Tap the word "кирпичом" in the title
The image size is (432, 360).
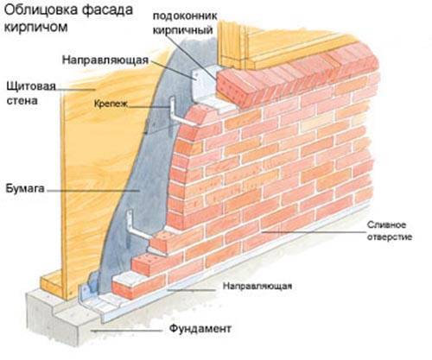(x=36, y=28)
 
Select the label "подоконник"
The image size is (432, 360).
(x=185, y=16)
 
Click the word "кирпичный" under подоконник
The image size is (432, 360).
(x=182, y=30)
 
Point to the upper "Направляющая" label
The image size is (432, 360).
(x=105, y=60)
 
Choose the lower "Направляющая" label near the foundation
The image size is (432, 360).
(x=257, y=286)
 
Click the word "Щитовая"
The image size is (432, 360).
(x=31, y=86)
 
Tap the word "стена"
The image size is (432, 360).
(x=22, y=101)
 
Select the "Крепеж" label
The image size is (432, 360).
(x=111, y=104)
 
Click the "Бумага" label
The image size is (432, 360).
(x=25, y=188)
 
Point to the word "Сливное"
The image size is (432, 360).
(x=386, y=224)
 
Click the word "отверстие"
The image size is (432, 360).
(x=389, y=237)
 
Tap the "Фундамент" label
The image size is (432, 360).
(x=200, y=328)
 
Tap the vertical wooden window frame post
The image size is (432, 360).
(x=232, y=46)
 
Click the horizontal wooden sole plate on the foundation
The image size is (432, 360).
(x=51, y=285)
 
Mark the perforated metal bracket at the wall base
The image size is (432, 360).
(x=87, y=288)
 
